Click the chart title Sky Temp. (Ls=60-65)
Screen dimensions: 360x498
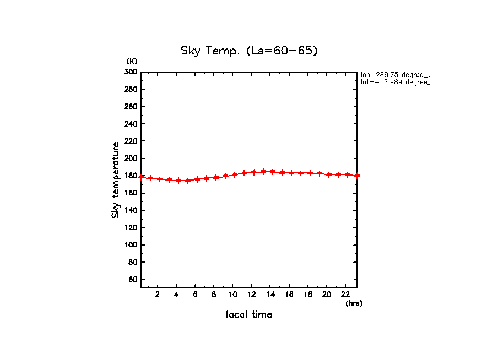(x=249, y=51)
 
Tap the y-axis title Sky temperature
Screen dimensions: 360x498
(x=116, y=180)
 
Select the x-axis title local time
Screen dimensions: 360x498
(x=248, y=315)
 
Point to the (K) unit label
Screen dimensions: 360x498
(x=132, y=61)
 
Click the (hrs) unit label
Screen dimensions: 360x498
(x=354, y=303)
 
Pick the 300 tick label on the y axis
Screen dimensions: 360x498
(x=131, y=72)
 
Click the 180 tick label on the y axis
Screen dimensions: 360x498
(x=131, y=176)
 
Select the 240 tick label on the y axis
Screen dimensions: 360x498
(x=131, y=124)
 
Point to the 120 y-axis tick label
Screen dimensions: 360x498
(x=131, y=228)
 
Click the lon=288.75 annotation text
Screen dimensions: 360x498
(x=394, y=74)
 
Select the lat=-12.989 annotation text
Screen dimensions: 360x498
(x=394, y=82)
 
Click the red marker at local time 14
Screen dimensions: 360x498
(x=272, y=172)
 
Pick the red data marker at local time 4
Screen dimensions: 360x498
(x=178, y=181)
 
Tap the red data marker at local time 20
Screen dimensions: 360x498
(x=329, y=174)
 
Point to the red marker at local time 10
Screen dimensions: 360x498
(x=235, y=174)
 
